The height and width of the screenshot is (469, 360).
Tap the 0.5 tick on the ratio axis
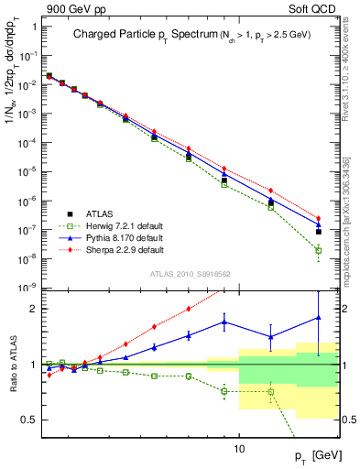point(28,420)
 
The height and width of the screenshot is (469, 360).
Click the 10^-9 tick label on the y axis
point(27,288)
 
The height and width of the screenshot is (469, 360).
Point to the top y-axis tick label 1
point(33,26)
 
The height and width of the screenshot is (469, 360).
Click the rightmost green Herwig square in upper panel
point(319,250)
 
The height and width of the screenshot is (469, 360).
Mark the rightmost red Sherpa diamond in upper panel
point(319,218)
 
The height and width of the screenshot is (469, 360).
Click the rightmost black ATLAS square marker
point(319,232)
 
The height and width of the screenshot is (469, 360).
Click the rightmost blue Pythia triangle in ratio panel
point(319,318)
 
